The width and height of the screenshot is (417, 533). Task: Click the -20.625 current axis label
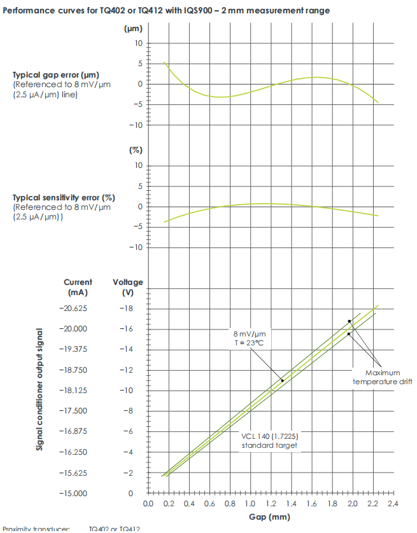(77, 308)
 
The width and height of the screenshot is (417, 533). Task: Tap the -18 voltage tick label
(127, 308)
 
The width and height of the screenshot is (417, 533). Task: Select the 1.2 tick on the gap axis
(271, 504)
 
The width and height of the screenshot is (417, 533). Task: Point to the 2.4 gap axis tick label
(393, 504)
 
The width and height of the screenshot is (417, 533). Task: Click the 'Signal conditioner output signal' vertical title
(39, 390)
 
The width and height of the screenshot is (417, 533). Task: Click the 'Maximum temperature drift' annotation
(383, 377)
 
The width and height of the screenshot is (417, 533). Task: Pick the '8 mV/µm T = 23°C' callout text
(248, 338)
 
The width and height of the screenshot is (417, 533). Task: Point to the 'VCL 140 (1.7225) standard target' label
(269, 441)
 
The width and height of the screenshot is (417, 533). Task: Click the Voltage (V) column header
(128, 287)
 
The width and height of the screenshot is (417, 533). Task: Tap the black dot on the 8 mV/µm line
(283, 380)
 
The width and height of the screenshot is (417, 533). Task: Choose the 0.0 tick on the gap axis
(148, 504)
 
